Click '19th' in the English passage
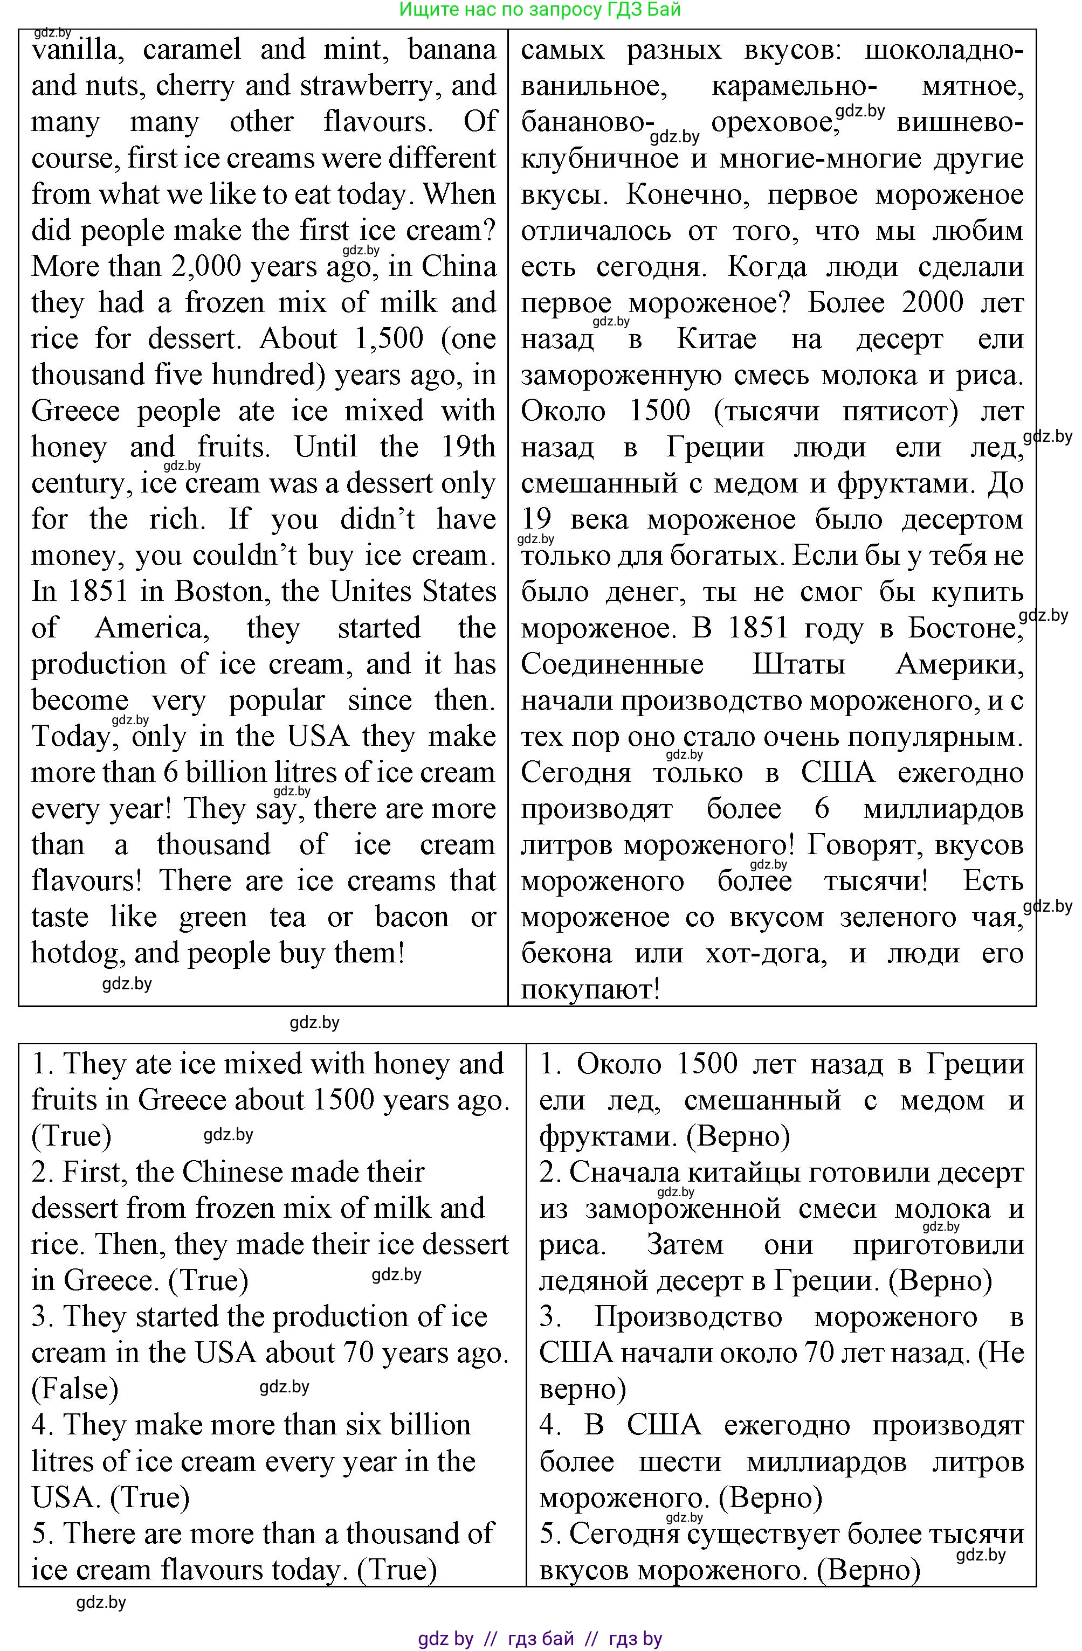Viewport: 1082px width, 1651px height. coord(468,447)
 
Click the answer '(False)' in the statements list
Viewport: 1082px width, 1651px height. coord(75,1389)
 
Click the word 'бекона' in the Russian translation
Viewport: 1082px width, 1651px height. coord(566,953)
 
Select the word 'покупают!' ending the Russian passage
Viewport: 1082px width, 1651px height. coord(590,989)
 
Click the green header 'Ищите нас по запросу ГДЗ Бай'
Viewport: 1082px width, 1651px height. coord(540,10)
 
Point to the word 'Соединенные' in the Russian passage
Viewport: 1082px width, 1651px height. coord(611,664)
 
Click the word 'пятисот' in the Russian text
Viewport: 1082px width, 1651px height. coord(900,411)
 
